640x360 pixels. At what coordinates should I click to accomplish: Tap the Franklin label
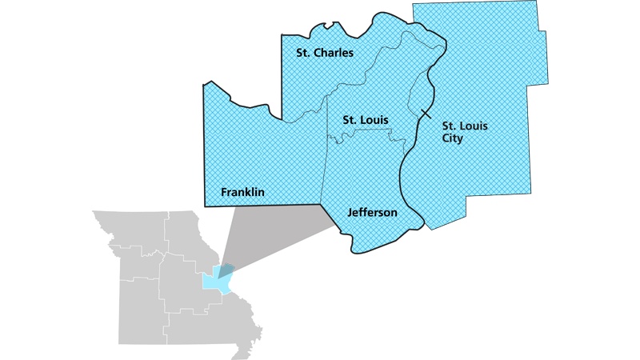(242, 193)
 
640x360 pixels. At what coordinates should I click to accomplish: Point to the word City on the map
(453, 138)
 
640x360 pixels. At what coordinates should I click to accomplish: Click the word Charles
(334, 53)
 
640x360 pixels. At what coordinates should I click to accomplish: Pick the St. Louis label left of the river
(366, 120)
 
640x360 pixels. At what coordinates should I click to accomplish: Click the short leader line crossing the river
(426, 117)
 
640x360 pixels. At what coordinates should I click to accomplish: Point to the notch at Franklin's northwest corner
(210, 82)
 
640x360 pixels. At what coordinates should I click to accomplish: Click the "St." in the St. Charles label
(300, 53)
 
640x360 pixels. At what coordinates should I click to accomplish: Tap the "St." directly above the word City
(450, 126)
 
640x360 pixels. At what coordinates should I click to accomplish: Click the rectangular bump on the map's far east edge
(544, 56)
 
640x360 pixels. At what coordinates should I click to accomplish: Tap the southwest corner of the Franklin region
(205, 206)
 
